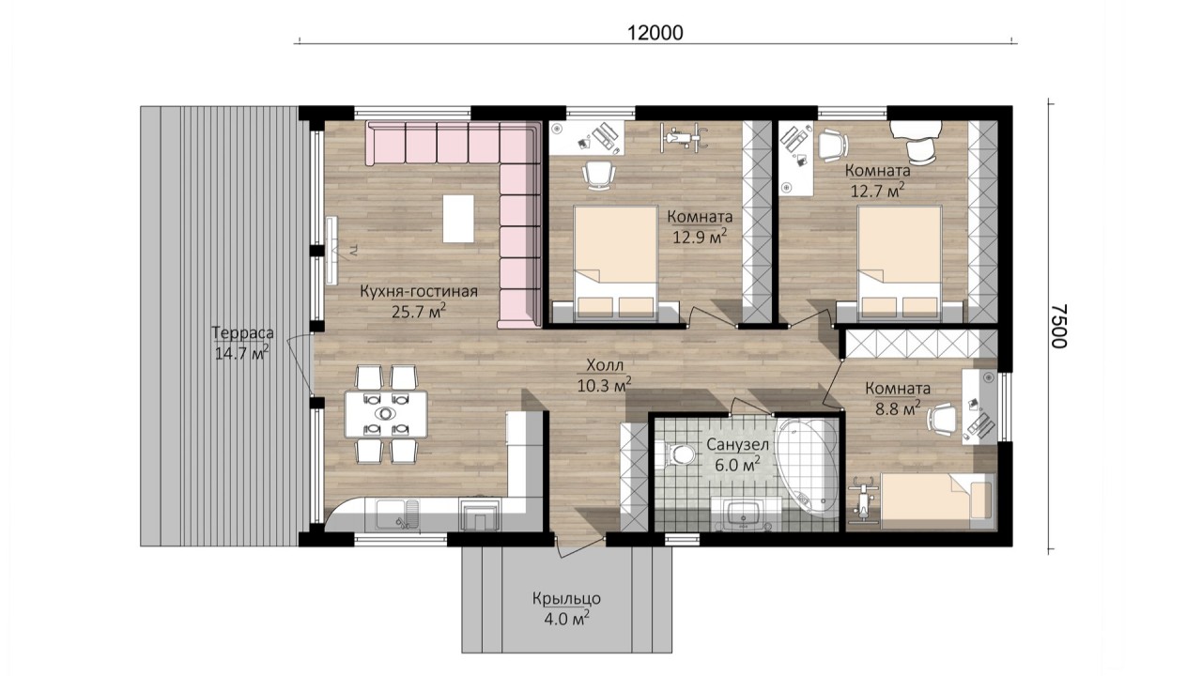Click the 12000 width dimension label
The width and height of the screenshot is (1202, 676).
coord(655,33)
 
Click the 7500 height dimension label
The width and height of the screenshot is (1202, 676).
coord(1058,326)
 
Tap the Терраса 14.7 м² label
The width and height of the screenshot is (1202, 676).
coord(242,343)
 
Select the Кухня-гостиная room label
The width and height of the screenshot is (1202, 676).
coord(419,291)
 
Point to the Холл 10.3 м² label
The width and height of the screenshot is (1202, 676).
coord(604,376)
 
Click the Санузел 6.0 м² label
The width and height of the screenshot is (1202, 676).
coord(737,454)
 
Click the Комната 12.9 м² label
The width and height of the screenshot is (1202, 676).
coord(700,227)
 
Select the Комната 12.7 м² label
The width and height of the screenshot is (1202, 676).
coord(878,180)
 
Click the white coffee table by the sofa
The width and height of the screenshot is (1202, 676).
coord(458,219)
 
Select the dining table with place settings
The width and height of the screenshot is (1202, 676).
coord(386,414)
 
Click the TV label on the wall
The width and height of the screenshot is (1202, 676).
coord(352,250)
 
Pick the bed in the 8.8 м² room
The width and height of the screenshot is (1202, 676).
coord(936,498)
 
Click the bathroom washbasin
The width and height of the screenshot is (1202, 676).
coord(743,515)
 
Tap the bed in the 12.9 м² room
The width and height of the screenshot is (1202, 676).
coord(616,263)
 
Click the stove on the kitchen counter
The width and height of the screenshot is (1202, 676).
coord(479,514)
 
